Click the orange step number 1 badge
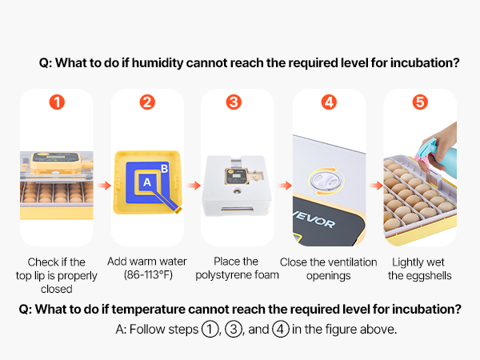pyautogui.click(x=57, y=102)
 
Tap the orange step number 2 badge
pyautogui.click(x=147, y=102)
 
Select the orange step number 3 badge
pyautogui.click(x=234, y=102)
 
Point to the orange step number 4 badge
pyautogui.click(x=329, y=102)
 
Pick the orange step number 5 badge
pyautogui.click(x=420, y=102)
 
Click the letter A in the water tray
pyautogui.click(x=147, y=182)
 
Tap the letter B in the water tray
pyautogui.click(x=164, y=168)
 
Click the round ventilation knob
pyautogui.click(x=326, y=181)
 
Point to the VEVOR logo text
pyautogui.click(x=314, y=220)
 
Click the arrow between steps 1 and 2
pyautogui.click(x=104, y=186)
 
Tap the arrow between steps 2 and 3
pyautogui.click(x=194, y=186)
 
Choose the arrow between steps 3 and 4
pyautogui.click(x=285, y=186)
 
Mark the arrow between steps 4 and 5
pyautogui.click(x=376, y=186)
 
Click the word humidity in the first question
pyautogui.click(x=157, y=63)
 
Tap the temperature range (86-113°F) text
pyautogui.click(x=148, y=274)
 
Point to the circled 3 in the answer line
pyautogui.click(x=234, y=330)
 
